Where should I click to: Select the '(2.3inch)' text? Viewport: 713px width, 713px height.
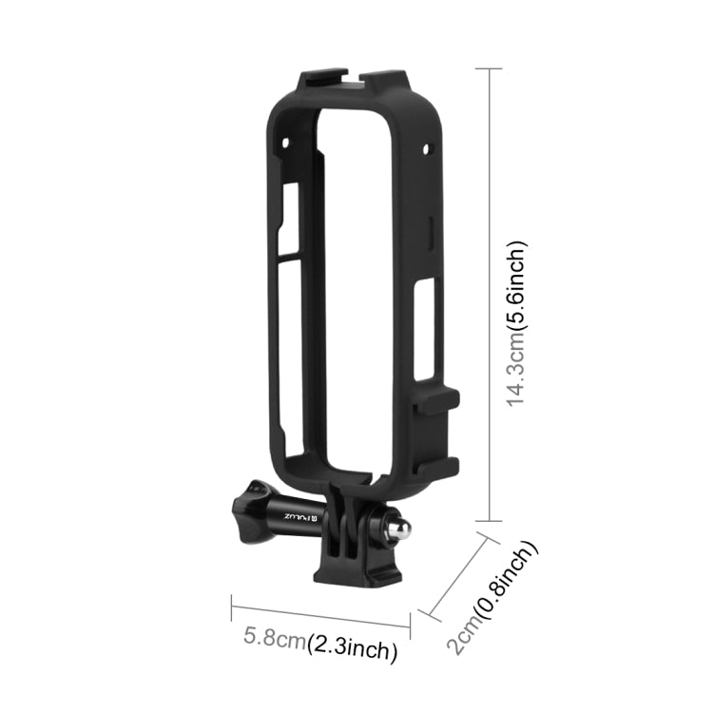pos(351,650)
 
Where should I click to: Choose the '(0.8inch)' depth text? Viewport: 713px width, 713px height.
pos(509,582)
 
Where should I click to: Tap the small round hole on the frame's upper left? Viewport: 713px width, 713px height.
pos(284,141)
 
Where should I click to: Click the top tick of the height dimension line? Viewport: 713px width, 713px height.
pos(489,68)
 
